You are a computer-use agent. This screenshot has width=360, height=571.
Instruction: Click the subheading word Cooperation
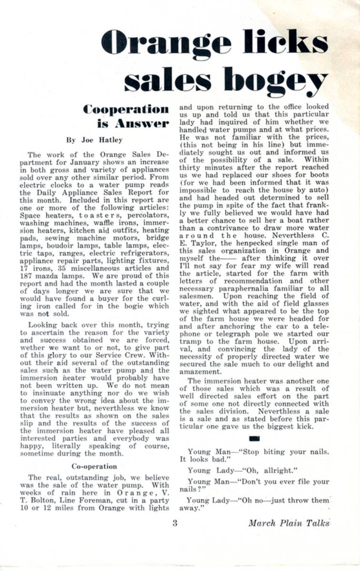pyautogui.click(x=126, y=109)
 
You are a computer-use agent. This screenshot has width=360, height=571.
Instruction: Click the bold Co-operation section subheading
pyautogui.click(x=94, y=466)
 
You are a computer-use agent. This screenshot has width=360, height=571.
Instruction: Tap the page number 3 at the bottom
pyautogui.click(x=175, y=523)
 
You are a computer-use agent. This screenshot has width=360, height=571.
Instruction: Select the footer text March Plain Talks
pyautogui.click(x=289, y=523)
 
